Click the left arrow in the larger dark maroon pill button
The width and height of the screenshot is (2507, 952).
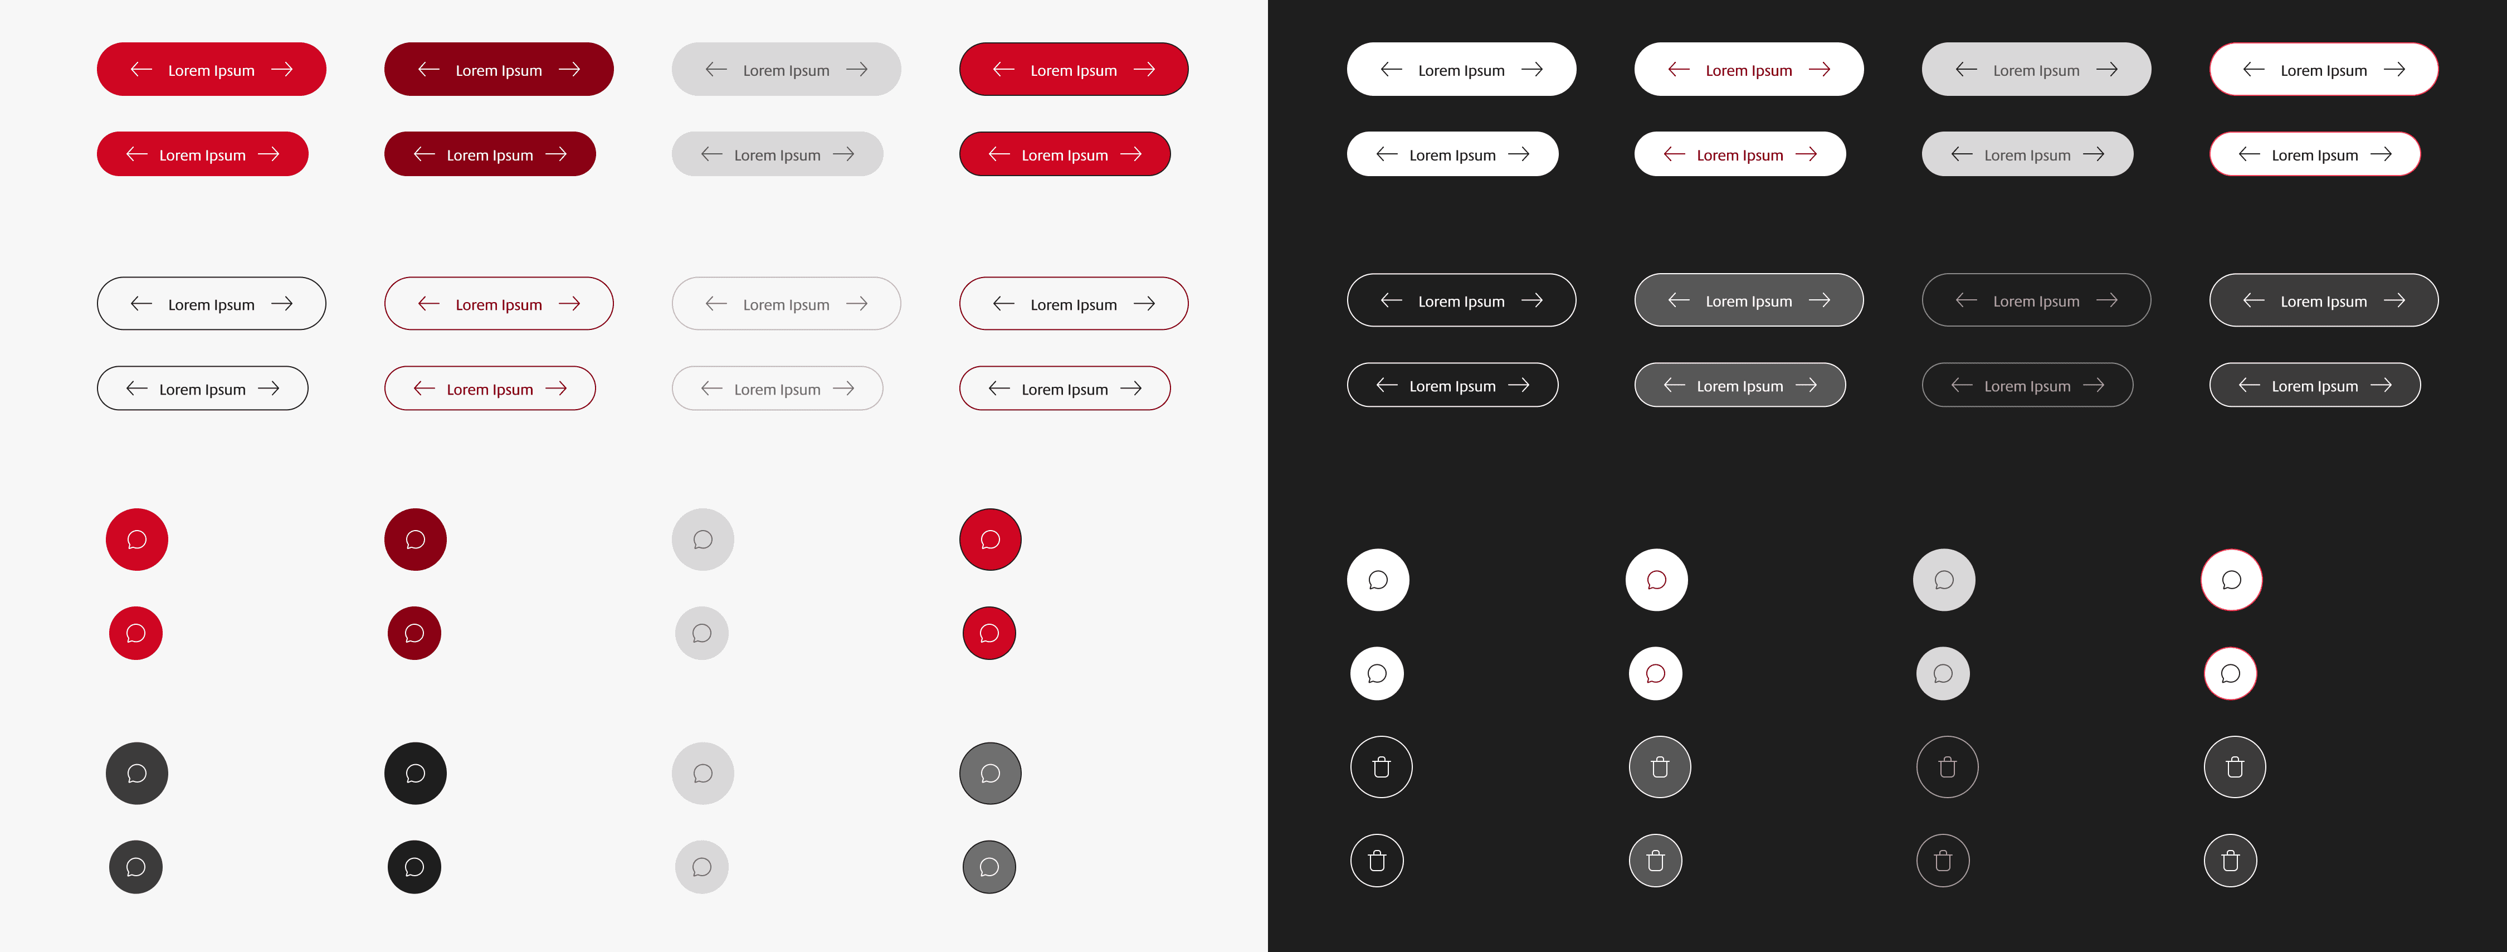click(428, 69)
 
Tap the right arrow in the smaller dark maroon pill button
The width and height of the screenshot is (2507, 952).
click(555, 154)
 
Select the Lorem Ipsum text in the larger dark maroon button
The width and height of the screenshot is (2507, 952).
click(498, 70)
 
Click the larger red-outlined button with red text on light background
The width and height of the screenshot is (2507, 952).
click(498, 304)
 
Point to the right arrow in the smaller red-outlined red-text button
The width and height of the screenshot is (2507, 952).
click(555, 388)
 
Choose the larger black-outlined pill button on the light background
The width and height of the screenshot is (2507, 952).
click(211, 304)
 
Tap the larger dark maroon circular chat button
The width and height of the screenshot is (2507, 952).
click(416, 540)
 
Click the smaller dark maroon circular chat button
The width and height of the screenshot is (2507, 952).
click(414, 633)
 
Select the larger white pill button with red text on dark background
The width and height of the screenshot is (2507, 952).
click(1749, 69)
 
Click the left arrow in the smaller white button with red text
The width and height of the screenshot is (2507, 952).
click(1674, 154)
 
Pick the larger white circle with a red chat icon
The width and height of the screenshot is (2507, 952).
click(1656, 580)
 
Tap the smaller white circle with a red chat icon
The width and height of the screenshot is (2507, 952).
click(1655, 674)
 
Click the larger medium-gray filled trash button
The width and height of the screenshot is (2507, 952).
click(1659, 767)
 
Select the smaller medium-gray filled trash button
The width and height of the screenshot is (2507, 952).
click(1655, 861)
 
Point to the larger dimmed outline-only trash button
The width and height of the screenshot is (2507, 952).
click(1948, 767)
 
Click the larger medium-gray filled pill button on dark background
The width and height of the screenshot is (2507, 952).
click(1749, 300)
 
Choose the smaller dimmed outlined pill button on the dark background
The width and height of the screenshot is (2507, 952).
click(2027, 385)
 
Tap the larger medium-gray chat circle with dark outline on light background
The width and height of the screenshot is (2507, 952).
click(991, 774)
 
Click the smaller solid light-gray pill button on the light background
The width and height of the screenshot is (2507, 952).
click(778, 154)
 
